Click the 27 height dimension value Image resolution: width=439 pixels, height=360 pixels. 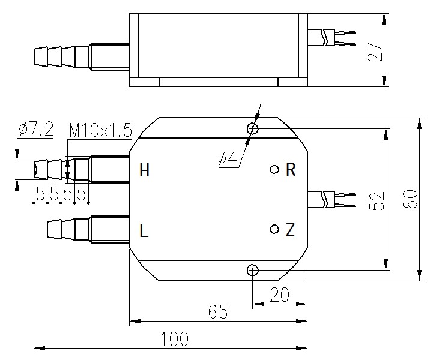375,52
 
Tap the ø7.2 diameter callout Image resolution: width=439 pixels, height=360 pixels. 35,129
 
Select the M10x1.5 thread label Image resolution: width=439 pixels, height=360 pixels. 100,130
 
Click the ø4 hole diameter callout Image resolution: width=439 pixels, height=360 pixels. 228,159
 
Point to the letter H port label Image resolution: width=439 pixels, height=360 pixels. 144,170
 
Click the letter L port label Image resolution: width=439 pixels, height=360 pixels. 144,230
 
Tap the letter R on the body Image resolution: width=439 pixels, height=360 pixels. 291,169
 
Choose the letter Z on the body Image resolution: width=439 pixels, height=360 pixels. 290,230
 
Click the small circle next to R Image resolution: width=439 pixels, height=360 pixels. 274,169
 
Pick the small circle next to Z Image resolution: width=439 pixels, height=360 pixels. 274,229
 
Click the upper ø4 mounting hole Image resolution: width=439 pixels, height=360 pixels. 253,128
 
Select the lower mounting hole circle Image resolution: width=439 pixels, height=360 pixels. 253,270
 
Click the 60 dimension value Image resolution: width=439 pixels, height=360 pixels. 410,199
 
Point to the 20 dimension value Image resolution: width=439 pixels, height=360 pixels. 280,295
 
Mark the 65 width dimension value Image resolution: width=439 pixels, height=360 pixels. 218,311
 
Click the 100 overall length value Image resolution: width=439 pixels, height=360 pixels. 175,339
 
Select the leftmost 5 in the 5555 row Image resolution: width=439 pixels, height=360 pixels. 40,193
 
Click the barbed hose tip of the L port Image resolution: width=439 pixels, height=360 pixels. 54,229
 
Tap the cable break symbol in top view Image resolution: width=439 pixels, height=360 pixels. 325,38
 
